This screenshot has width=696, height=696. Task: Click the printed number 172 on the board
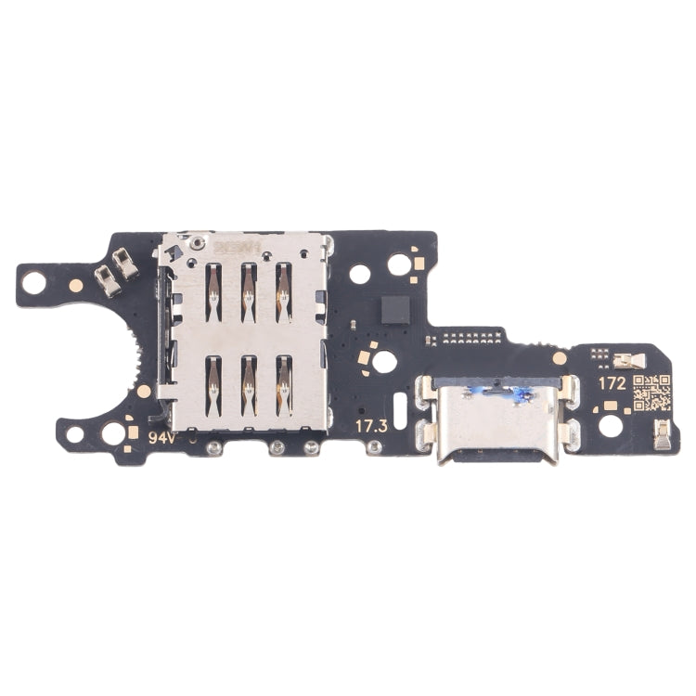(612, 381)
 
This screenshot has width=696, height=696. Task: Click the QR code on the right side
(651, 393)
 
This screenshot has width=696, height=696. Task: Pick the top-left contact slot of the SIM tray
(213, 292)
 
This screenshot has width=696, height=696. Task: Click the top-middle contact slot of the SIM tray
(249, 292)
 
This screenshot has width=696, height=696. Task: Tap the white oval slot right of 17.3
(400, 406)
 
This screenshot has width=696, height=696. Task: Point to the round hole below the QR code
(610, 426)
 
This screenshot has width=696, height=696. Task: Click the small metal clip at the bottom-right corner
(664, 433)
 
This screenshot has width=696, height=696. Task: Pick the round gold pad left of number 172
(560, 357)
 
